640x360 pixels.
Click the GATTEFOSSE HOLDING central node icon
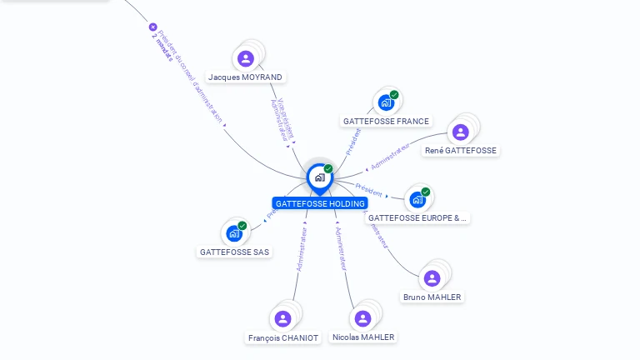(x=319, y=177)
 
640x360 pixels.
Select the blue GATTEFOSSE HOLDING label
(x=320, y=203)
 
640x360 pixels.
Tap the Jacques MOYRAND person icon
(x=245, y=58)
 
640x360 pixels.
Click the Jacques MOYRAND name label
(x=245, y=77)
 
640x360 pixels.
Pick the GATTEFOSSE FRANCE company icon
(x=385, y=102)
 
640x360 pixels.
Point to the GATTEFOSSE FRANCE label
(x=386, y=122)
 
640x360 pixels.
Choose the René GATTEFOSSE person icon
(x=460, y=132)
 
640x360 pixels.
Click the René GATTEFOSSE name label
(x=460, y=151)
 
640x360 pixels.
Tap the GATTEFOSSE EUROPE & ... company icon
(x=417, y=199)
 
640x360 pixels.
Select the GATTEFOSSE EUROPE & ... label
(x=417, y=218)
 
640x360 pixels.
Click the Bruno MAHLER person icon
(x=432, y=278)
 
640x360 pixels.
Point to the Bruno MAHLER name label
(x=432, y=297)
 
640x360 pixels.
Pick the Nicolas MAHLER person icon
(x=362, y=318)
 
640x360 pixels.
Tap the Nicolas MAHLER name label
(x=362, y=337)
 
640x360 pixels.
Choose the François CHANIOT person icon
(x=282, y=318)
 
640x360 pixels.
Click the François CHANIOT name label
(x=283, y=338)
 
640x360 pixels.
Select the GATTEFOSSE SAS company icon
(x=234, y=233)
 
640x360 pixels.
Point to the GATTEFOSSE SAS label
(x=235, y=252)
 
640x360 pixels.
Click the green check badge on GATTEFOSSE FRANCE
(x=394, y=94)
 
